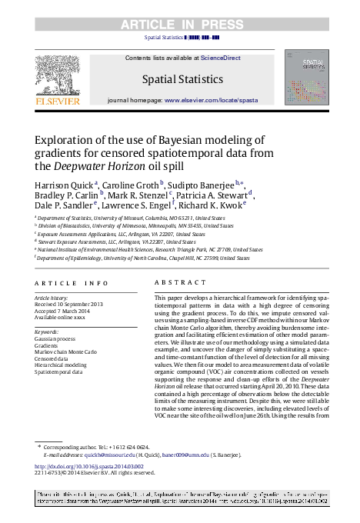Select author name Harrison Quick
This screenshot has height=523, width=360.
point(65,186)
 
